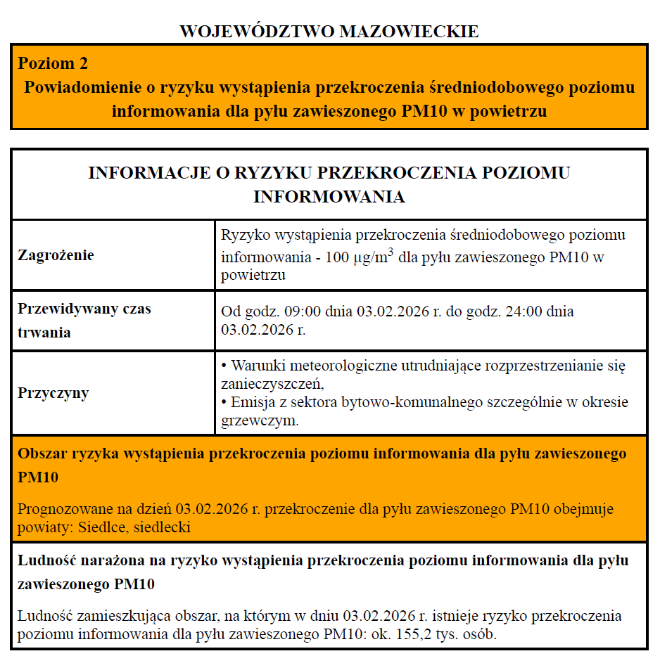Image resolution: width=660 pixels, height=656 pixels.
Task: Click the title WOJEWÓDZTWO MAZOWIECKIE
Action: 329,32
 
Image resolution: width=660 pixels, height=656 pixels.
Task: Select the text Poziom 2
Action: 53,63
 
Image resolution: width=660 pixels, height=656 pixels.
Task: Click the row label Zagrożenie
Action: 56,255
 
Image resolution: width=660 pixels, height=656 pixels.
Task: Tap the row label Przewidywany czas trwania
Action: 84,320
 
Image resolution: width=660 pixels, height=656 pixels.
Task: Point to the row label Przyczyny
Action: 53,392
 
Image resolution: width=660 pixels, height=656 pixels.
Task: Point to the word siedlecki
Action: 163,527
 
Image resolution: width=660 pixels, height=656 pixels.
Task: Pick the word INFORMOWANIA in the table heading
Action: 329,196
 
